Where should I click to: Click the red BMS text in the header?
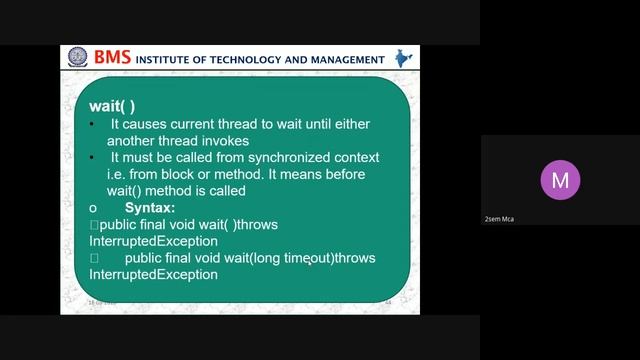111,58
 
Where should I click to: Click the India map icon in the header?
402,58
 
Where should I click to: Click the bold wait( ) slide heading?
111,105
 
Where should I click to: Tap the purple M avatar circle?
560,181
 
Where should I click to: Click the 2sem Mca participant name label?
499,219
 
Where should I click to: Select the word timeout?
307,258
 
